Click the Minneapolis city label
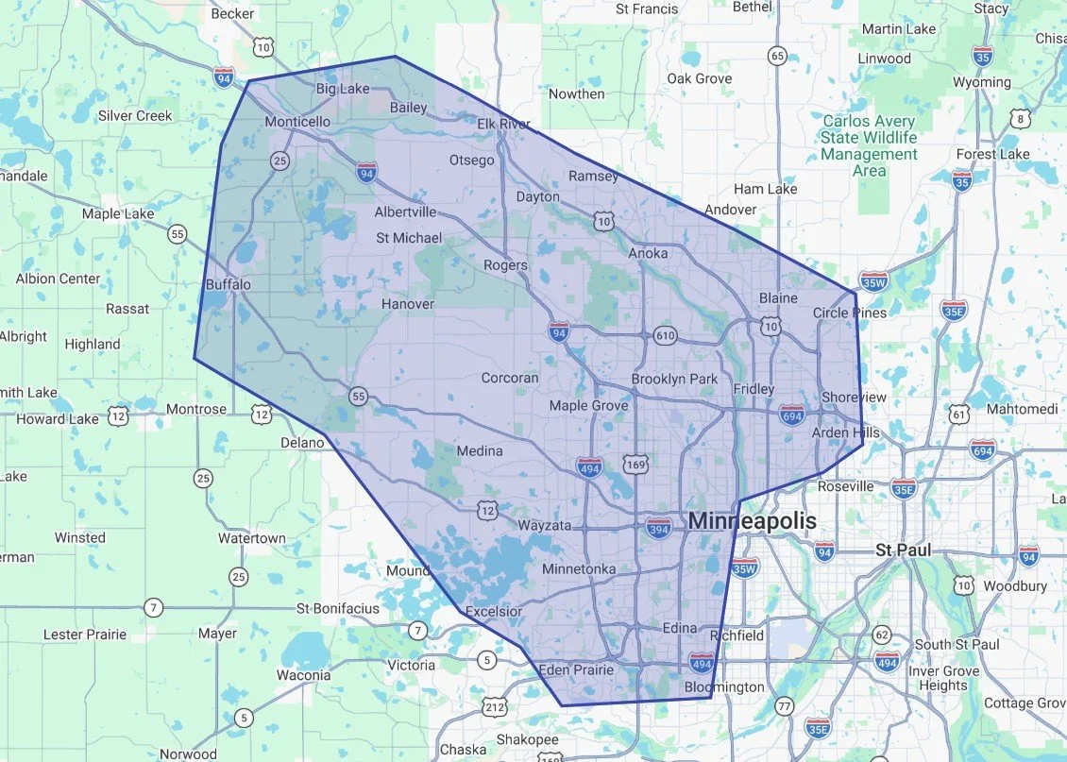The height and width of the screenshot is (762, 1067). tap(752, 521)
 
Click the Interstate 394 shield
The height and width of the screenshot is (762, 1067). tap(660, 528)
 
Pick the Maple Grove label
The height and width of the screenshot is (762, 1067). tap(589, 405)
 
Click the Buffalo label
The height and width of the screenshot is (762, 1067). tap(229, 284)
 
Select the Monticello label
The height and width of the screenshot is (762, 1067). tap(297, 122)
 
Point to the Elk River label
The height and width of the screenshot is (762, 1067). tap(503, 124)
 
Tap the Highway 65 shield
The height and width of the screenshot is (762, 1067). tap(777, 56)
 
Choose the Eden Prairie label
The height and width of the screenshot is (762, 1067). tap(575, 670)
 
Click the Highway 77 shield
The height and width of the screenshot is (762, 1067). tap(785, 705)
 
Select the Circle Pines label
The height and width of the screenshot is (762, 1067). tap(850, 313)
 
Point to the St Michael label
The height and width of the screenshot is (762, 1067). tap(409, 238)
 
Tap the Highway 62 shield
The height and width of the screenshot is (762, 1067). tap(883, 634)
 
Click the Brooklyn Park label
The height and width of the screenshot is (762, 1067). tap(675, 380)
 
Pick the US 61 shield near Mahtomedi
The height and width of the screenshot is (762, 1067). tap(960, 414)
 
